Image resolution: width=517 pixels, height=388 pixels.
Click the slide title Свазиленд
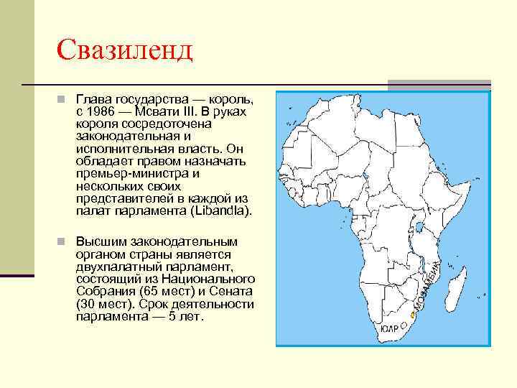[x=125, y=50]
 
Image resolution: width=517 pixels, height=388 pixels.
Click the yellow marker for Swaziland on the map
[x=412, y=315]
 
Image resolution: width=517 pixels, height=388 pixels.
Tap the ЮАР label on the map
[x=389, y=328]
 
